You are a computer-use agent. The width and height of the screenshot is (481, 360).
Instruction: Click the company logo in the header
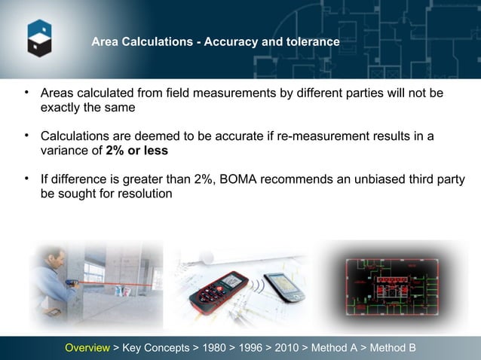point(39,38)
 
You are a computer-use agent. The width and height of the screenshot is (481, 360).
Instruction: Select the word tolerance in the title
point(311,42)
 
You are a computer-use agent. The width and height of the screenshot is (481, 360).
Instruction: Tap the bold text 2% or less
point(136,150)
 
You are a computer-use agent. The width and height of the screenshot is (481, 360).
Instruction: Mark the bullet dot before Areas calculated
point(26,93)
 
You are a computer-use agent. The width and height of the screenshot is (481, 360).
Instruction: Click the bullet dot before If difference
point(26,178)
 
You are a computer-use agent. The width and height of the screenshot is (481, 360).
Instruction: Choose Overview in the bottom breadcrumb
point(87,348)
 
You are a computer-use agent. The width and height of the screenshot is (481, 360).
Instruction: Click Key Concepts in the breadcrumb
point(155,348)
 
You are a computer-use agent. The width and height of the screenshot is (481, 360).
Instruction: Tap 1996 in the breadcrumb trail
point(252,348)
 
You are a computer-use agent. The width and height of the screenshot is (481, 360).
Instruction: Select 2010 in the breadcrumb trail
point(286,348)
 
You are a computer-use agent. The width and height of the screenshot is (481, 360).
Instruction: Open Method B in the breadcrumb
point(392,348)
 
